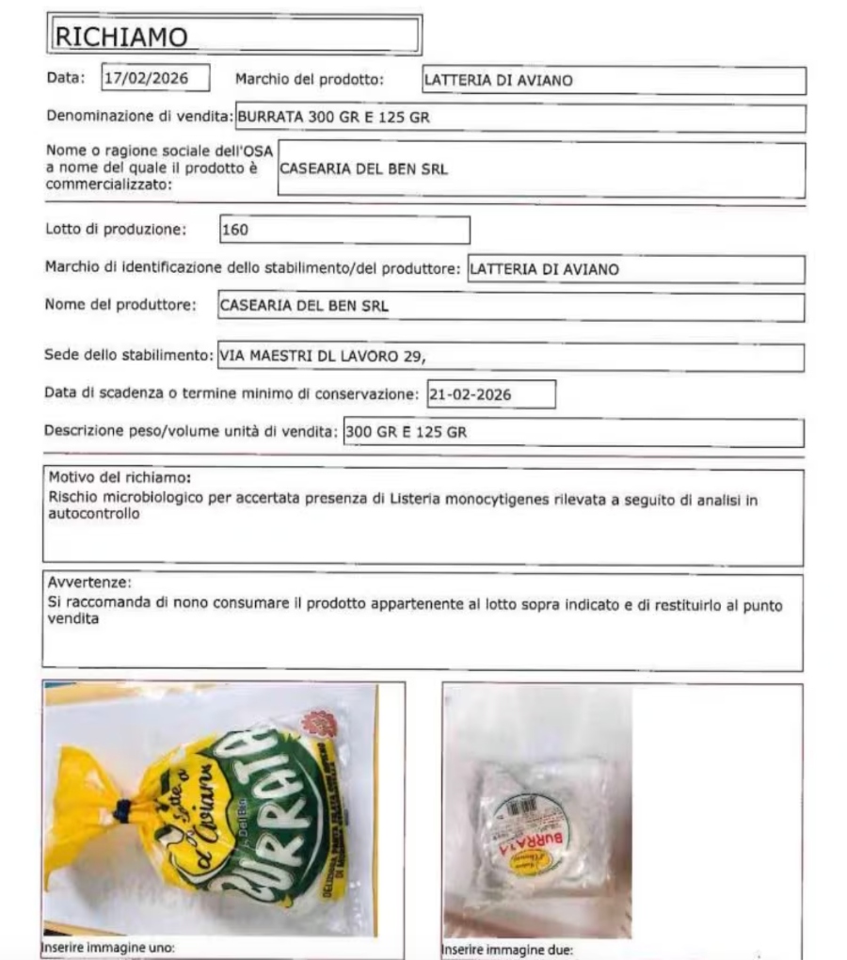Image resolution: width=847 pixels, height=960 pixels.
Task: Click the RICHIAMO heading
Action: pos(122,36)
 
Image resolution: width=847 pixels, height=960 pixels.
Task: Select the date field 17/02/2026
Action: pos(155,78)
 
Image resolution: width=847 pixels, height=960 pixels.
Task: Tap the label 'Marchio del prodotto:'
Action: pos(310,79)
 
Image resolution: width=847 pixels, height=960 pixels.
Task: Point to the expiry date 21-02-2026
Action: pos(470,395)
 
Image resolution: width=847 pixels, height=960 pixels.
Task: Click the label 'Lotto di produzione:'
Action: pos(116,229)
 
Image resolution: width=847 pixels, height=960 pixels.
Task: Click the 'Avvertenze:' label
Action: pos(89,583)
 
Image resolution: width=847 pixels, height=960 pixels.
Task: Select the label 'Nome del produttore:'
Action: pos(120,305)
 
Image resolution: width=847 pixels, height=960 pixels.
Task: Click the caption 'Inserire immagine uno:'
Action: pos(109,947)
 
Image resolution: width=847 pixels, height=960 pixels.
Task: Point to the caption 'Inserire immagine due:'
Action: pos(506,949)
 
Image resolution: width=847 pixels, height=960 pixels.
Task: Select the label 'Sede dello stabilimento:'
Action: pos(130,356)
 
